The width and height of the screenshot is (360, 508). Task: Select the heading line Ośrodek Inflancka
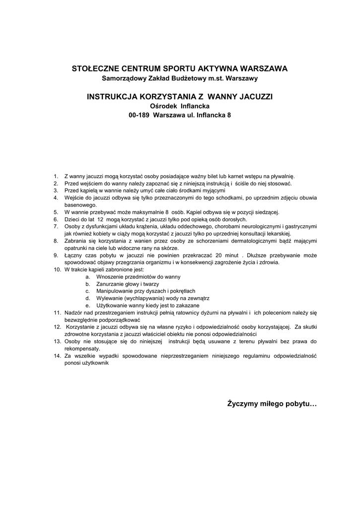[x=180, y=106]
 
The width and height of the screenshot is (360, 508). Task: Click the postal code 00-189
[x=140, y=115]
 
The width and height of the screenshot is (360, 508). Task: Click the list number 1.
[x=56, y=176]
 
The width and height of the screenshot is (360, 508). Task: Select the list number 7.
[x=56, y=226]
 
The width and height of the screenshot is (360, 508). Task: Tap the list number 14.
[x=57, y=356]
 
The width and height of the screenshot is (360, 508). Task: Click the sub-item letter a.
[x=87, y=277]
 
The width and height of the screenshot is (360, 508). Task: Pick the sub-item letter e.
[x=87, y=306]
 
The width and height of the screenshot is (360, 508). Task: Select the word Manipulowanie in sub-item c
[x=114, y=291]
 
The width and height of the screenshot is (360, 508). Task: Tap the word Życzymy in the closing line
[x=242, y=404]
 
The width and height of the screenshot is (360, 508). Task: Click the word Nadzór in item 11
[x=73, y=313]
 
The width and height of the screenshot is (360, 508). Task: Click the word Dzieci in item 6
[x=72, y=219]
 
